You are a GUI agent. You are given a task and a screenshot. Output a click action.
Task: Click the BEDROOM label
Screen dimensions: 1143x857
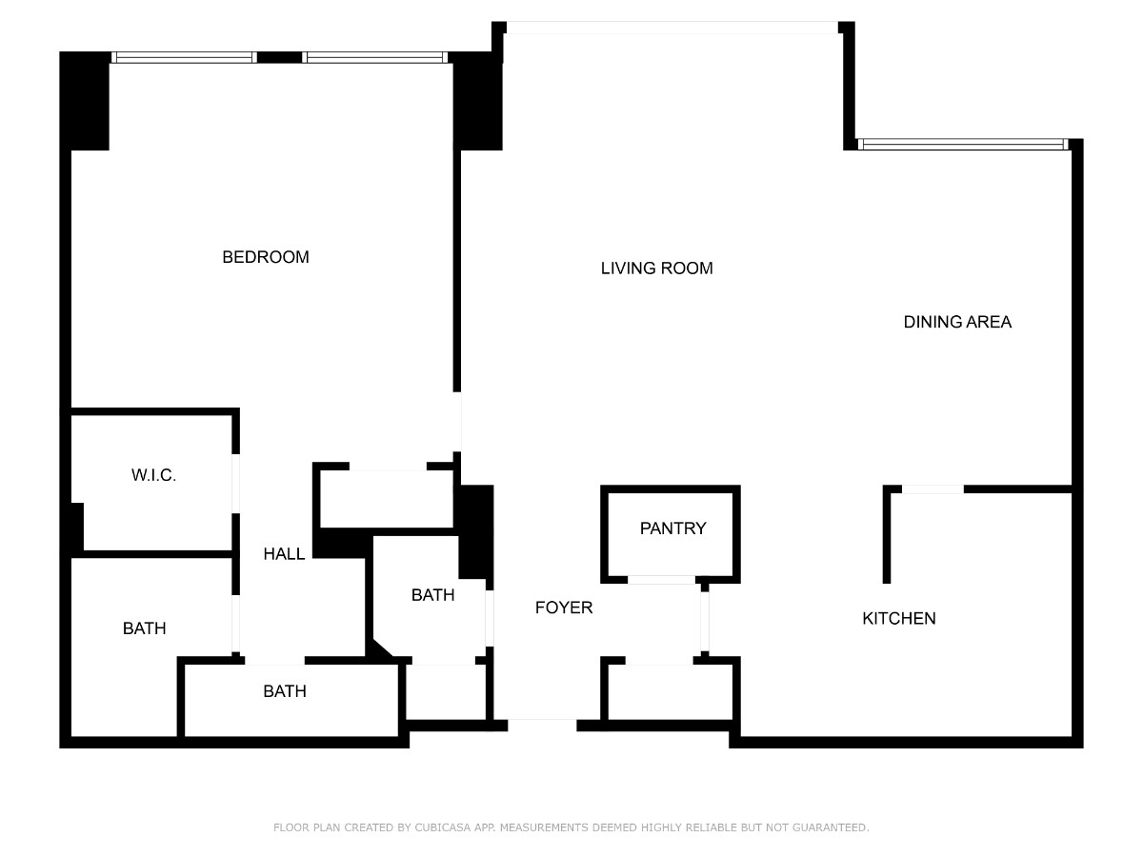point(266,257)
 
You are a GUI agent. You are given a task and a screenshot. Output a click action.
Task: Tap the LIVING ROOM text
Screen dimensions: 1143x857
point(656,268)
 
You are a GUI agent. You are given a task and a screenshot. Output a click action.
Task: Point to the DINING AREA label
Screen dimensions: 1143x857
point(957,322)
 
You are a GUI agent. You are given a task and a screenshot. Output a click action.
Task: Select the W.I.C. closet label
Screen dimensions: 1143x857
point(153,474)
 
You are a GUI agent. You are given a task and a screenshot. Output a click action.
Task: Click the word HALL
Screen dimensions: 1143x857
point(284,553)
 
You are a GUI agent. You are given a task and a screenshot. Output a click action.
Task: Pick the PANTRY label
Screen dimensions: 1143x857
point(672,528)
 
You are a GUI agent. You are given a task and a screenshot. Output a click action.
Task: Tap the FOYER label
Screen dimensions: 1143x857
point(564,608)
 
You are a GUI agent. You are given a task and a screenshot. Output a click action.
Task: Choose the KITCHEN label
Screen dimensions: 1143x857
point(899,618)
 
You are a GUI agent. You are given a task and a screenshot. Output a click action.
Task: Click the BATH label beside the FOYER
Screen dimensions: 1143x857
point(432,595)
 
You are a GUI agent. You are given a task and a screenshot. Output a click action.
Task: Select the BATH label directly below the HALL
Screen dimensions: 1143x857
point(285,691)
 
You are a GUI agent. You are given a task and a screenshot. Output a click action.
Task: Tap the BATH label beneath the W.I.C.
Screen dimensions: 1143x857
point(144,628)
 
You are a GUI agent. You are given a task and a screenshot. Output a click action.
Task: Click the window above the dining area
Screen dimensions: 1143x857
point(963,144)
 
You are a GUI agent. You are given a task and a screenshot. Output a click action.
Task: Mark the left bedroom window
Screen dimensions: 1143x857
point(184,57)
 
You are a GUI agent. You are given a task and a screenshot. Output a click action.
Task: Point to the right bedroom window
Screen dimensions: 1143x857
point(375,57)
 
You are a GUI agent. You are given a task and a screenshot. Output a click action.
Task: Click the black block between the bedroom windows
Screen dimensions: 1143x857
point(280,57)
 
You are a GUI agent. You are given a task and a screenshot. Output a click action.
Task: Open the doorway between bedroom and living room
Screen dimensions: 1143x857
point(457,422)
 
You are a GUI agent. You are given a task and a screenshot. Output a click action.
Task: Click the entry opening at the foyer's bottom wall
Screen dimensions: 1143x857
point(542,726)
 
